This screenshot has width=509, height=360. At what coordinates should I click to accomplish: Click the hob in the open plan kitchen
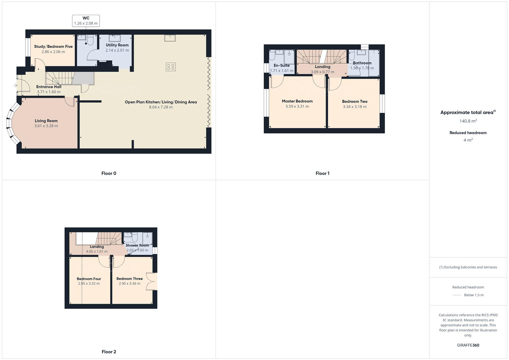171,67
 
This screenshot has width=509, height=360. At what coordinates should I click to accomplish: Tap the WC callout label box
86,21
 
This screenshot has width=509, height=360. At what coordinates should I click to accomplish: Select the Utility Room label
117,45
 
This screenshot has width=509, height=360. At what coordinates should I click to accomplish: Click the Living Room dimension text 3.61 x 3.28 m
46,126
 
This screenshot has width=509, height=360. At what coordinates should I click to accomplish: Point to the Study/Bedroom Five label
53,47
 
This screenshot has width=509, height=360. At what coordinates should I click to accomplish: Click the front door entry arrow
15,86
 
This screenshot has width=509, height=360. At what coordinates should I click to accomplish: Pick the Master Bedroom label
297,101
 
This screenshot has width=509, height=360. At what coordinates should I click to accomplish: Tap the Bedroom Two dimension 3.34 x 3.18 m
355,107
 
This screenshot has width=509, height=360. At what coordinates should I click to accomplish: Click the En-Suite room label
282,66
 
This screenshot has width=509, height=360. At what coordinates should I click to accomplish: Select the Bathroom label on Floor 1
362,63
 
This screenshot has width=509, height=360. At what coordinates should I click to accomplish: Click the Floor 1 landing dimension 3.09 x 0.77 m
322,72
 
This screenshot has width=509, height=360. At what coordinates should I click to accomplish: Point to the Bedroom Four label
89,279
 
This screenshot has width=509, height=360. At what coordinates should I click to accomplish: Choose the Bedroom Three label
129,279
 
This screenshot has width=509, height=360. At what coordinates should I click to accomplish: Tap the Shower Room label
137,245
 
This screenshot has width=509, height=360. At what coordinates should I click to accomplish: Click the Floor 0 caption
109,173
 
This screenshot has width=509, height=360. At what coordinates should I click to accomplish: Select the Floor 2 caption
109,352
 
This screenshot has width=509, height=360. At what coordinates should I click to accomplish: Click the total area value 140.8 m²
468,121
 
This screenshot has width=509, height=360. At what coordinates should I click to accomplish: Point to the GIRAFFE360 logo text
468,345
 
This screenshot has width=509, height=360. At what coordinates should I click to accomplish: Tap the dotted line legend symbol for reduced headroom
457,295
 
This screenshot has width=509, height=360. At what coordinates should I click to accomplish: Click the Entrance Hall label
49,87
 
